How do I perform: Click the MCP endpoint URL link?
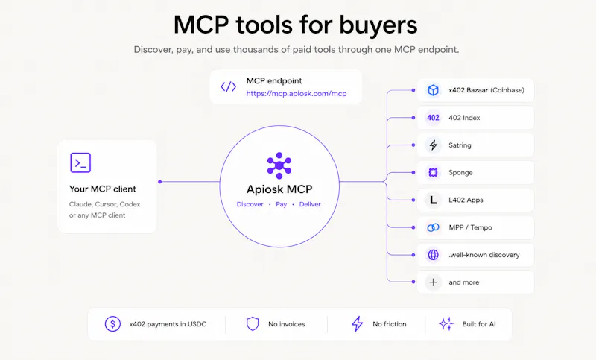tap(296, 93)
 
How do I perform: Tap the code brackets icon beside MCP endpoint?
tap(229, 86)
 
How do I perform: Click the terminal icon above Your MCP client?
tap(80, 163)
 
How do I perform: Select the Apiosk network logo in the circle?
tap(279, 165)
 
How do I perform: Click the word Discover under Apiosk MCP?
tap(250, 204)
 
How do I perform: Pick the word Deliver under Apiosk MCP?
tap(310, 204)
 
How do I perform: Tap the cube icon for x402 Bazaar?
tap(433, 90)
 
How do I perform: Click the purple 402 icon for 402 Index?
tap(433, 118)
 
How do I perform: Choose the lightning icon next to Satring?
tap(434, 145)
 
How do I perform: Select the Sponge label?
tap(460, 173)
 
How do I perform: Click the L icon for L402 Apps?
tap(433, 200)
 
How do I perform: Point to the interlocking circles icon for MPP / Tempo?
tap(433, 227)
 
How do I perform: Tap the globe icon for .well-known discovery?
tap(433, 255)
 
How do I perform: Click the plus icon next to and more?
tap(433, 282)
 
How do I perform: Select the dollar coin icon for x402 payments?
tap(112, 324)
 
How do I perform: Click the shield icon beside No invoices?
tap(253, 324)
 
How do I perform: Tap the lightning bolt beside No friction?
tap(357, 324)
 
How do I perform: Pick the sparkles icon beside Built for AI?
tap(446, 324)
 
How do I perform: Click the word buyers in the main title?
tap(378, 25)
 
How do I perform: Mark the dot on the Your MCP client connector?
tap(160, 182)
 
